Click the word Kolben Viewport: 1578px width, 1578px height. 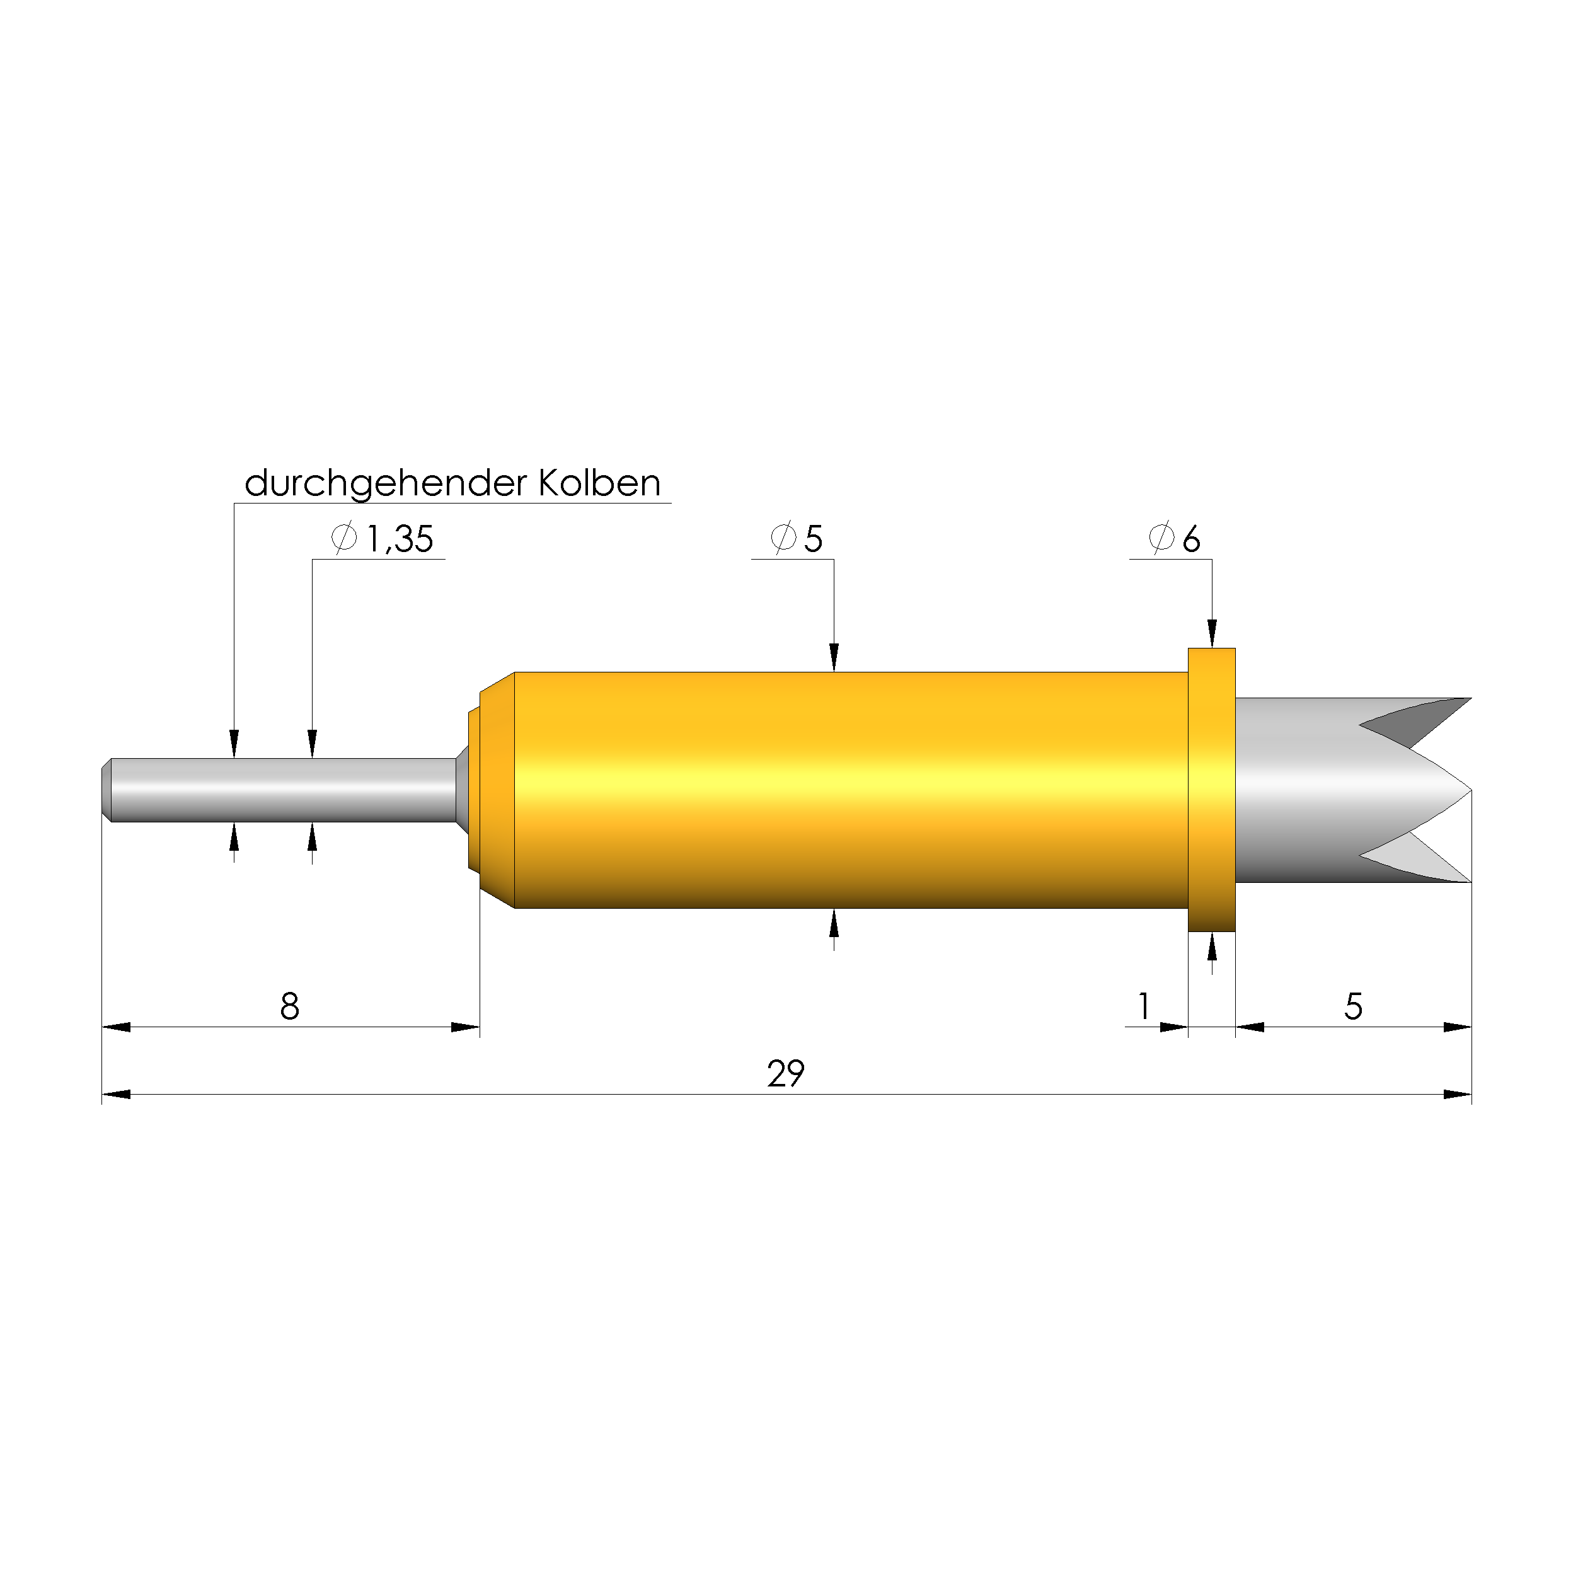(x=599, y=483)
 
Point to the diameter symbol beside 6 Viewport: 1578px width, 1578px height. (x=1161, y=538)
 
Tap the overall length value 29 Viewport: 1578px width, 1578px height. (x=786, y=1073)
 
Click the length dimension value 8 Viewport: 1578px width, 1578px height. (x=290, y=1006)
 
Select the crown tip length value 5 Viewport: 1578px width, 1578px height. (x=1354, y=1006)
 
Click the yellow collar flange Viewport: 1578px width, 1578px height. (x=1211, y=790)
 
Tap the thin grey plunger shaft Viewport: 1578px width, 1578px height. (x=282, y=790)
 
